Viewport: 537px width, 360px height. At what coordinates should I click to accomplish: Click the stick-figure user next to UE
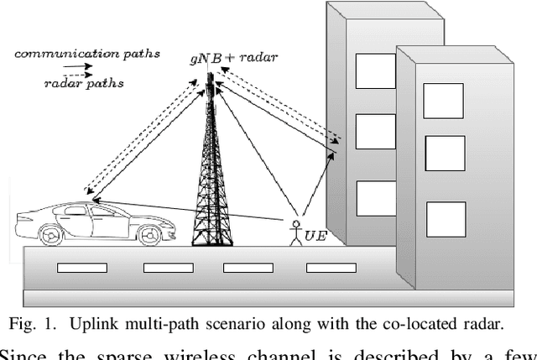click(295, 232)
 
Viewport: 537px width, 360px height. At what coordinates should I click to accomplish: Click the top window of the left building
click(375, 70)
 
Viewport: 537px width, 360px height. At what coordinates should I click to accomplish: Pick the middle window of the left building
click(375, 131)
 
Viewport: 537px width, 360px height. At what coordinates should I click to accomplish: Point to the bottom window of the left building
click(375, 198)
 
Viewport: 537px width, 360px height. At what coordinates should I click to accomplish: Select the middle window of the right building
click(445, 153)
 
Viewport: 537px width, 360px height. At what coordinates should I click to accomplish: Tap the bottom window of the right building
click(446, 219)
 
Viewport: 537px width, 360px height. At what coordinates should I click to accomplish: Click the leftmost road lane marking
click(81, 269)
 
